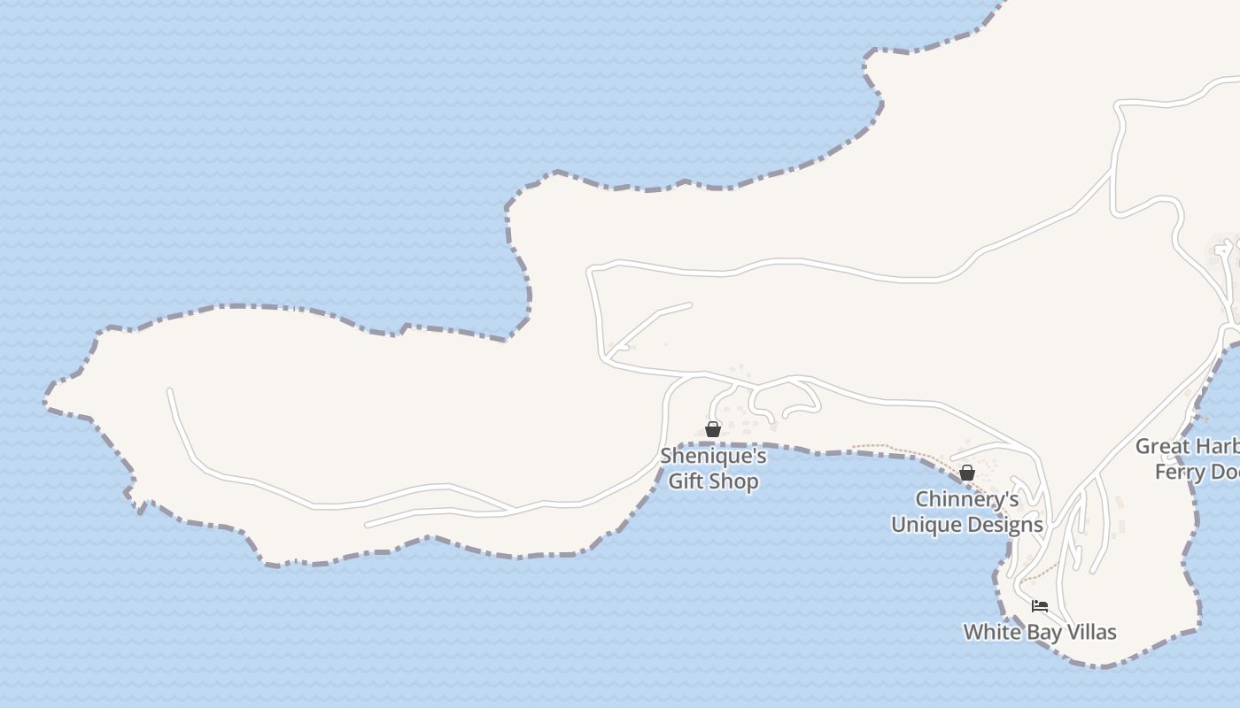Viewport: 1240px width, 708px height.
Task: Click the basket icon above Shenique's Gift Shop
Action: point(713,429)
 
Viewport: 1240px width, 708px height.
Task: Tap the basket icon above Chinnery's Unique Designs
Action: point(967,473)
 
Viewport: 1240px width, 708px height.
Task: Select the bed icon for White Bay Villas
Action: point(1040,606)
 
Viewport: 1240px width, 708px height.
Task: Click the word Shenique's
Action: point(713,457)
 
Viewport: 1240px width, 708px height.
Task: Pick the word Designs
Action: point(1006,525)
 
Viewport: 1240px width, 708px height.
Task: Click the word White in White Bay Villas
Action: point(988,632)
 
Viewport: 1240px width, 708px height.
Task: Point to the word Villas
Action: point(1088,632)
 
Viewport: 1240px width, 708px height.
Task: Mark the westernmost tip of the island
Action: point(46,403)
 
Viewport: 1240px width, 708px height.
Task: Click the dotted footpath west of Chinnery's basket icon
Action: point(886,447)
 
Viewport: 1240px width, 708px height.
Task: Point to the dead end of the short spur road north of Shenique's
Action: point(690,305)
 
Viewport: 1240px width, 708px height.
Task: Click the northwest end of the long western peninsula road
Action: point(169,390)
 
